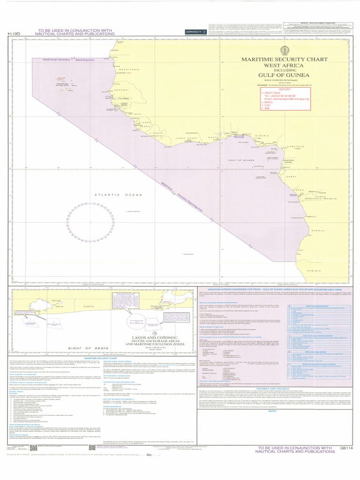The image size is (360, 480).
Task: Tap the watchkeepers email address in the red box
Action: point(287,100)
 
